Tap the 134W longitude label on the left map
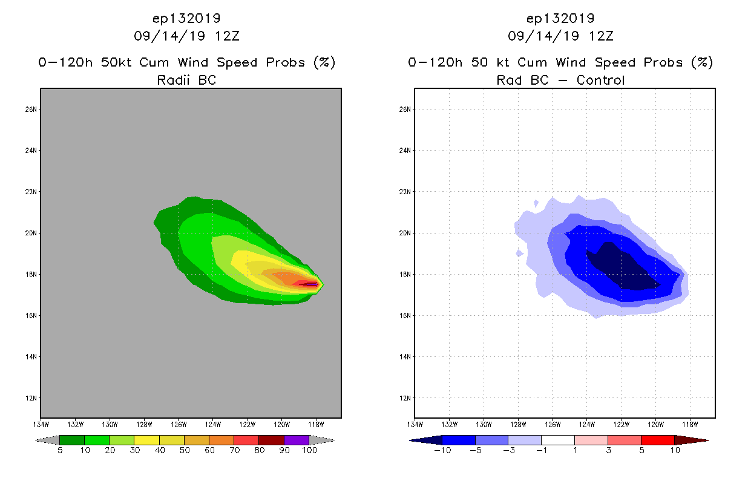tap(41, 423)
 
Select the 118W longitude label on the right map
tap(690, 423)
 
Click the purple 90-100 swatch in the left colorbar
tap(297, 440)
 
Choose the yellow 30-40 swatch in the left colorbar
tap(146, 440)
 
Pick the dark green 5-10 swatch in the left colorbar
tap(72, 440)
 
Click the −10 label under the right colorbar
tap(441, 451)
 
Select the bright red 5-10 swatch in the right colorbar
tap(657, 440)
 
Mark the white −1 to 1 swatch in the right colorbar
tap(557, 440)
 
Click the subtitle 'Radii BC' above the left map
tap(186, 80)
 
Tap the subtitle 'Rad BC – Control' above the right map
tap(560, 80)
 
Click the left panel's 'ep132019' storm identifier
tap(186, 19)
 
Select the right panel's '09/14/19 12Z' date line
tap(560, 36)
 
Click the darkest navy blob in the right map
tap(620, 266)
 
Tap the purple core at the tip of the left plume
tap(311, 284)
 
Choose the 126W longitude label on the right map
tap(553, 423)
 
